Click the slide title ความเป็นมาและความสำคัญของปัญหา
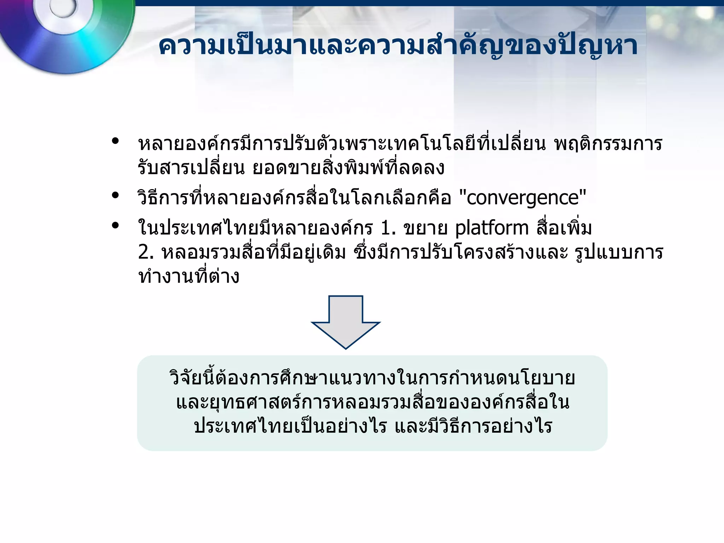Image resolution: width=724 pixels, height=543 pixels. (x=398, y=46)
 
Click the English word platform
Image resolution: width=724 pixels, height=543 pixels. (x=491, y=228)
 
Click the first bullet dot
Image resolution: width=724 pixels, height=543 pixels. (x=115, y=141)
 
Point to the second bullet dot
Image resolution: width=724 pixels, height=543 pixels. (x=115, y=195)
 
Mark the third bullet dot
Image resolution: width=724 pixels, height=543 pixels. (x=115, y=225)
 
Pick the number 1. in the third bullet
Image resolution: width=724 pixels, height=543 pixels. (x=388, y=228)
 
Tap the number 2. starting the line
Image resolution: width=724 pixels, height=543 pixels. (x=146, y=252)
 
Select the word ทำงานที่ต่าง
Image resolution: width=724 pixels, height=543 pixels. (x=189, y=276)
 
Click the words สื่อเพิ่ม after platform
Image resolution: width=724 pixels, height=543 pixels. (x=564, y=228)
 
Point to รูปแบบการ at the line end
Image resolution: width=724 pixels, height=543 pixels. (x=619, y=252)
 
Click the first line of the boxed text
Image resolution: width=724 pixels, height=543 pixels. (x=372, y=378)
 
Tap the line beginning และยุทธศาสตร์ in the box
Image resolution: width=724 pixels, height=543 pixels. (x=373, y=403)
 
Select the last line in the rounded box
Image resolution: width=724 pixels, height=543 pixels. (x=373, y=427)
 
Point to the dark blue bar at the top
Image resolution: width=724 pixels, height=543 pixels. (x=424, y=3)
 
